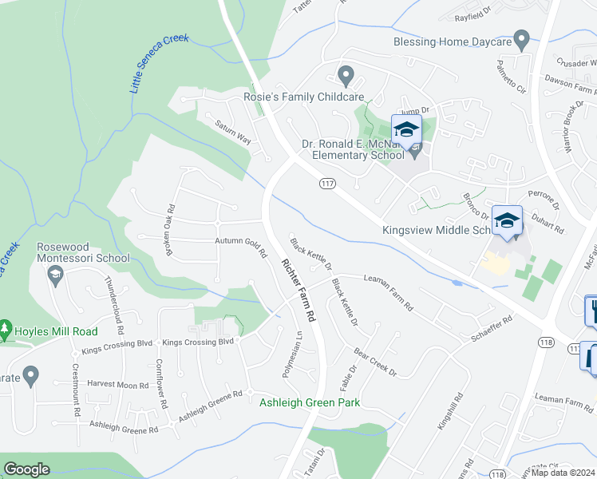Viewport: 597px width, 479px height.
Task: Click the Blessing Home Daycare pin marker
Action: pos(522,38)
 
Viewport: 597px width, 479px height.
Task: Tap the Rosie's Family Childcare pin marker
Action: pos(346,76)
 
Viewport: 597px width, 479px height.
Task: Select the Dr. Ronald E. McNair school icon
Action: pos(406,129)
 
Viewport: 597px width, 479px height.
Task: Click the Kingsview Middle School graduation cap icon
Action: pos(506,220)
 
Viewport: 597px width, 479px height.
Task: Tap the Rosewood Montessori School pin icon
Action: pos(55,276)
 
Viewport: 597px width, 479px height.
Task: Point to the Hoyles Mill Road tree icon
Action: pos(6,331)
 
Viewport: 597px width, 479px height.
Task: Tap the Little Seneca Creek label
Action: pos(160,63)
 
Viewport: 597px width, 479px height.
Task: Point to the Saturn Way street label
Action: pos(233,133)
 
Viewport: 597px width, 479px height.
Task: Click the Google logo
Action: pos(27,469)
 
